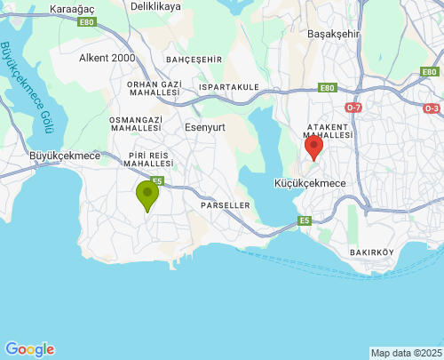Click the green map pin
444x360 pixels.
[x=147, y=195]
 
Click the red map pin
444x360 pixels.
[x=313, y=147]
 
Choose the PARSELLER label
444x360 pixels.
[x=225, y=204]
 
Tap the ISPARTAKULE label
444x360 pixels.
[x=229, y=87]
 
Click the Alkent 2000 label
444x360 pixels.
[x=107, y=58]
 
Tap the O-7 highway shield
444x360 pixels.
[x=354, y=108]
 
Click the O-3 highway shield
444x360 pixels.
[x=432, y=108]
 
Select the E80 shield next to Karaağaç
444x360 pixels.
[x=85, y=22]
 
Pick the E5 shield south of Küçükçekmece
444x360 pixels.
[x=305, y=220]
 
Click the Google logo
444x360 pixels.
[x=29, y=349]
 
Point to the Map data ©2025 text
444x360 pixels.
[x=406, y=353]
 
